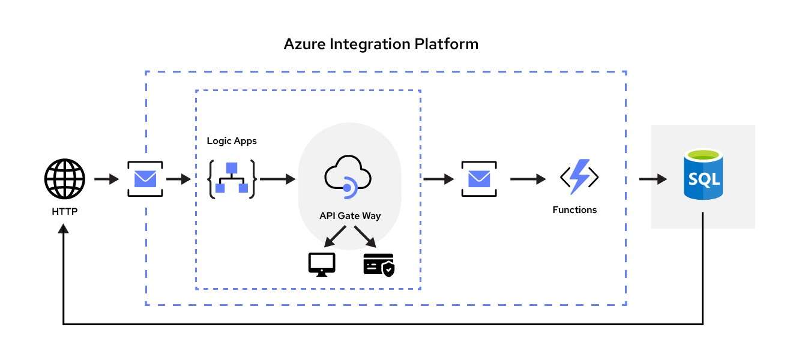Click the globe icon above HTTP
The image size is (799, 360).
[65, 179]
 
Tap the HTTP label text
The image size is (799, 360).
[65, 212]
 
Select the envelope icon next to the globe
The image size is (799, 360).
[145, 179]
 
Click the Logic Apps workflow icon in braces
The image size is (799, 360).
[232, 179]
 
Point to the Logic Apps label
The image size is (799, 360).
[232, 141]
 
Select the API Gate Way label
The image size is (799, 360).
[350, 216]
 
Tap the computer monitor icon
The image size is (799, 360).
[322, 264]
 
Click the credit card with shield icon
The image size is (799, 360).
[379, 264]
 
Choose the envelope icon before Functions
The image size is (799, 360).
[479, 179]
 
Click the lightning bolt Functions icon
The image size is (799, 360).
[579, 177]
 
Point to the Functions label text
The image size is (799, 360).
[574, 210]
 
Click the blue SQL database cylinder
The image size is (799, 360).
[703, 175]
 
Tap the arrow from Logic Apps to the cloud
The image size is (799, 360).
[277, 179]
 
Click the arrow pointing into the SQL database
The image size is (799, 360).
[653, 179]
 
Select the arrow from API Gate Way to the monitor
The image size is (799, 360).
[334, 236]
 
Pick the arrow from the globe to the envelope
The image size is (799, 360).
[106, 179]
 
